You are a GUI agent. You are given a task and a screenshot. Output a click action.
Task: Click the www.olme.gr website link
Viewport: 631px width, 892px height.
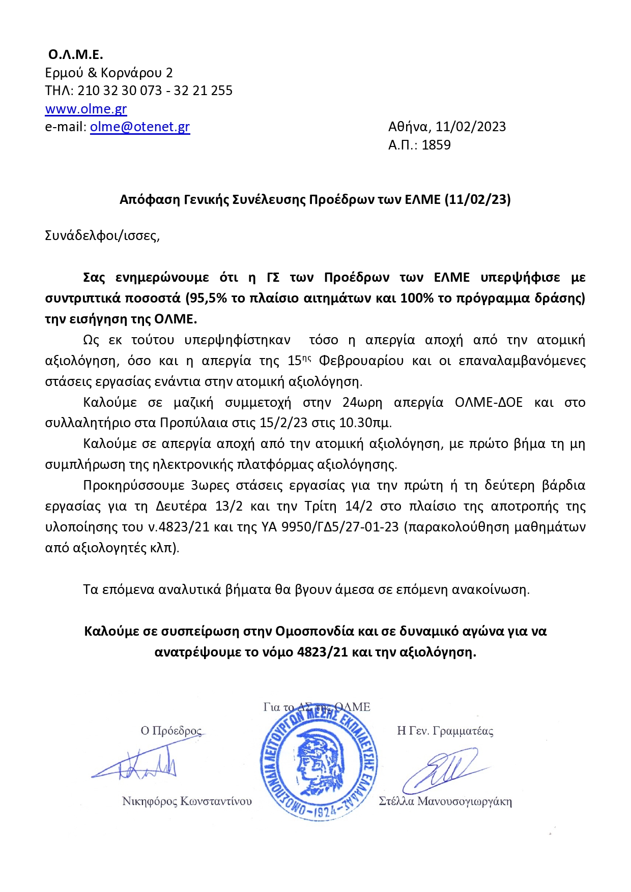(x=86, y=109)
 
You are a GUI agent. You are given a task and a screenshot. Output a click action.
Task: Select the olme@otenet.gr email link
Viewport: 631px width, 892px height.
(x=140, y=127)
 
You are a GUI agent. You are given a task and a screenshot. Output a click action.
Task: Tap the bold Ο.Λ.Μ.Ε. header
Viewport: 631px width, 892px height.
(x=76, y=54)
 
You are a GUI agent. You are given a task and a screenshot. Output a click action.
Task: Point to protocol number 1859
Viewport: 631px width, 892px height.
(x=436, y=145)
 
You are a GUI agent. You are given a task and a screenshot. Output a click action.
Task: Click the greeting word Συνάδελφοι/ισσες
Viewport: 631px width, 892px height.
(x=102, y=236)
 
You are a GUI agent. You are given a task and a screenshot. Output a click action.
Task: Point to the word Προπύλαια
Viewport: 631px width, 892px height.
(x=191, y=423)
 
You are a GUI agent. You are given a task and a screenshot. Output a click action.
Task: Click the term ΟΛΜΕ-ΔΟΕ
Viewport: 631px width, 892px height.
(x=489, y=402)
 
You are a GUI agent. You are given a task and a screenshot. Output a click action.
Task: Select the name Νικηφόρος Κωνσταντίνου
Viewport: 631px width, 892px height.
(x=187, y=801)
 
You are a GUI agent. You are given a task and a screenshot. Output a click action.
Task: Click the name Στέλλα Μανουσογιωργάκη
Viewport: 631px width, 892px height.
(x=445, y=801)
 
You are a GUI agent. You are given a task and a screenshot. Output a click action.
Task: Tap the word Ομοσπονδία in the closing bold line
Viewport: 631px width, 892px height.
(x=314, y=631)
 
